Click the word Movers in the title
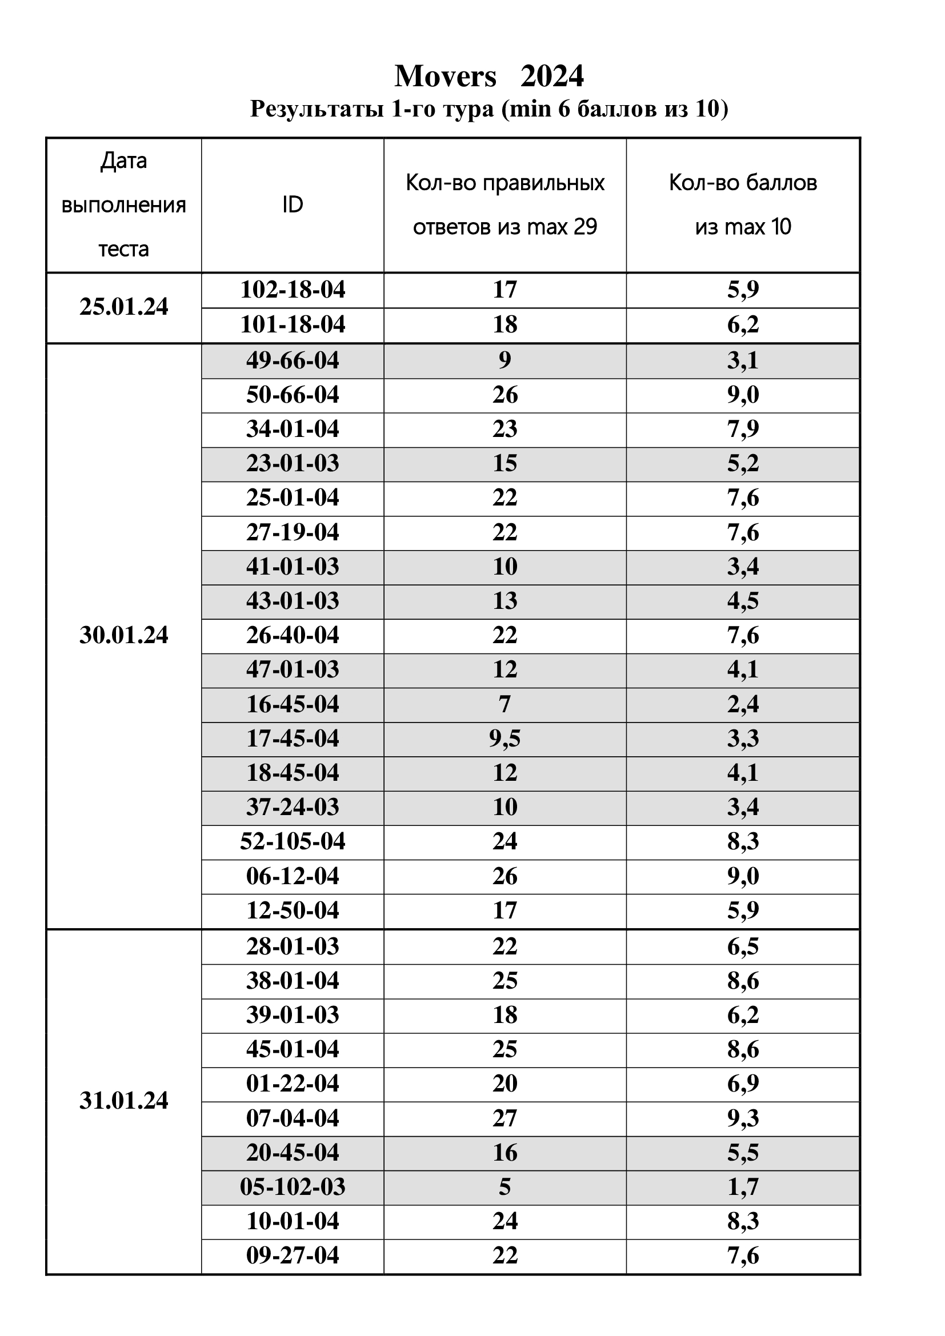coord(445,76)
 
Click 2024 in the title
coord(552,76)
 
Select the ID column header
coord(293,205)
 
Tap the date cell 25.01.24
coord(123,307)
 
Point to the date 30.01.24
coord(123,635)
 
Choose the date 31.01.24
coord(123,1100)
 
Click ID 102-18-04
coord(293,290)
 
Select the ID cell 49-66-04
coord(293,361)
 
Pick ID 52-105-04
coord(293,841)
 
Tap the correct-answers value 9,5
coord(504,739)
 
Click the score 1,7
coord(743,1186)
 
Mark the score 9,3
coord(743,1118)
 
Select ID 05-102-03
coord(293,1186)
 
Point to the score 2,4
coord(743,704)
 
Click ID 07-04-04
coord(293,1118)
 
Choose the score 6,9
coord(743,1084)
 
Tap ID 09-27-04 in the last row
coord(293,1255)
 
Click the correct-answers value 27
coord(504,1118)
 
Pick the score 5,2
coord(743,464)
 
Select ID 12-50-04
coord(293,910)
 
